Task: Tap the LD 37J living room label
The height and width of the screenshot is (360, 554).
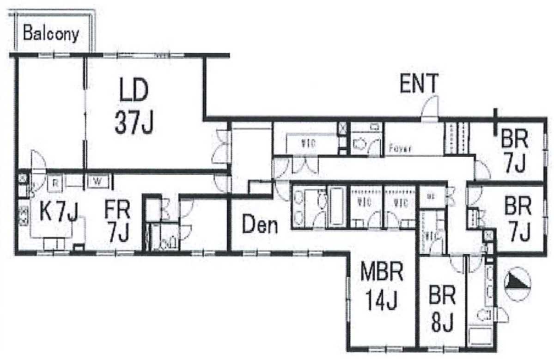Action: coord(134,107)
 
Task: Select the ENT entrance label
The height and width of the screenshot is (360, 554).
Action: coord(419,84)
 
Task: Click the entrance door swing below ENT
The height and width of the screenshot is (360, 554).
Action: coord(430,109)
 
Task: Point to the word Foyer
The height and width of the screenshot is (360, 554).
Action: coord(401,149)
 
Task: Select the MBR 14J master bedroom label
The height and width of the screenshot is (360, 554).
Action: coord(382,287)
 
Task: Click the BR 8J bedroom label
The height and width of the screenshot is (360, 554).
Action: coord(442,309)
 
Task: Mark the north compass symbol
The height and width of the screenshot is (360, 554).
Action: coord(517,281)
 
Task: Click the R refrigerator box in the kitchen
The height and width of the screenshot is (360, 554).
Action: coord(55,182)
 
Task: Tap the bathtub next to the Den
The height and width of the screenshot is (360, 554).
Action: coord(336,207)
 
